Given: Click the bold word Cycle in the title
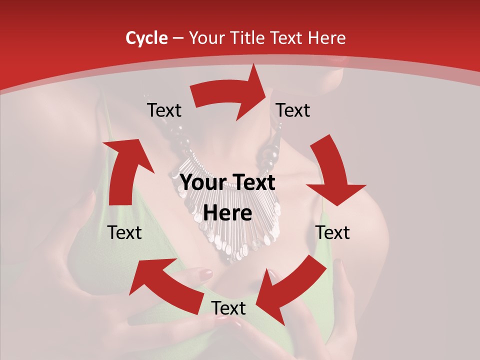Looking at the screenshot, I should (x=146, y=38).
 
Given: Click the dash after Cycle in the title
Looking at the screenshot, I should (x=177, y=38).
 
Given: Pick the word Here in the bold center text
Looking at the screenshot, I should (x=227, y=213).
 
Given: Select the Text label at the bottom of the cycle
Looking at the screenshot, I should (x=228, y=308).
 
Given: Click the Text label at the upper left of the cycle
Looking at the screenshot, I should (x=164, y=110).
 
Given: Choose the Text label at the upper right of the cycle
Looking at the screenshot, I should (x=293, y=110).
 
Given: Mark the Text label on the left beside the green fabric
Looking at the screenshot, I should (x=124, y=232).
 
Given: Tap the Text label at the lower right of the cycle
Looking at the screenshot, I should (x=332, y=232).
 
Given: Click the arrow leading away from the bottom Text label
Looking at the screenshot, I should (x=165, y=285).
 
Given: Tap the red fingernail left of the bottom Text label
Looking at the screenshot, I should (x=206, y=273).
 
